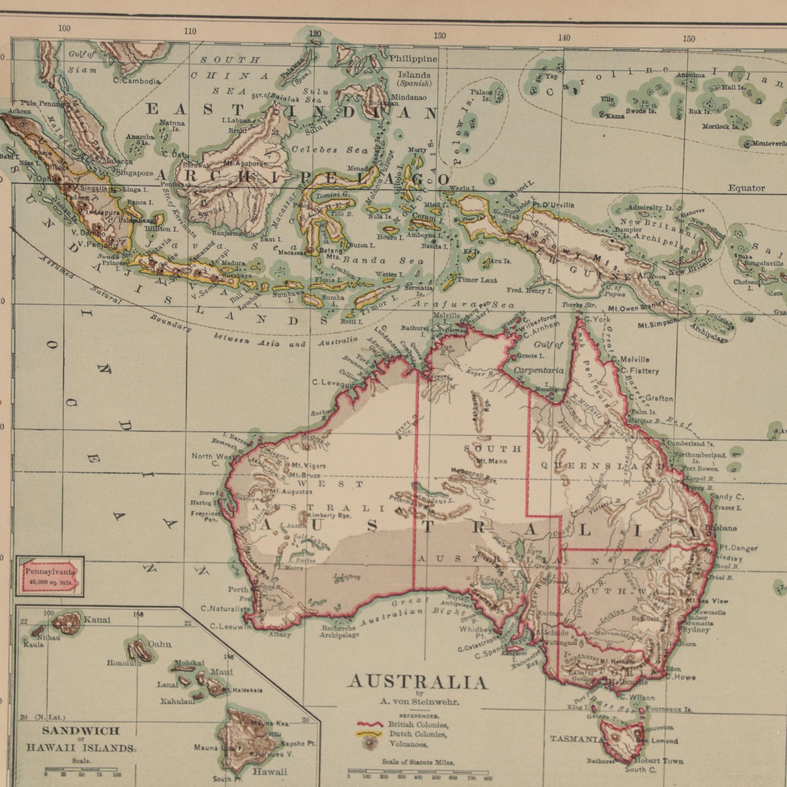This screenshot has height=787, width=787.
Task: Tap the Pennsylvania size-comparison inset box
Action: [x=50, y=577]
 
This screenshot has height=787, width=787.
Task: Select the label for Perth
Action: [x=238, y=589]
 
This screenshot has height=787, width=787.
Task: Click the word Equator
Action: [x=746, y=188]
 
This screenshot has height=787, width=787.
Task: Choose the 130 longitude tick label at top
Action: [x=439, y=36]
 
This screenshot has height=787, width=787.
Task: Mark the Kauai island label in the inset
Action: [x=97, y=620]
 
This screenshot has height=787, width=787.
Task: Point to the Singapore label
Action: [x=135, y=173]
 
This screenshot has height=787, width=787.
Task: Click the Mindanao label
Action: [x=409, y=97]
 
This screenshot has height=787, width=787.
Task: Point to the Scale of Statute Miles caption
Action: [x=418, y=762]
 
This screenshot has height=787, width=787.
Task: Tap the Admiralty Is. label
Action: [x=650, y=208]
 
